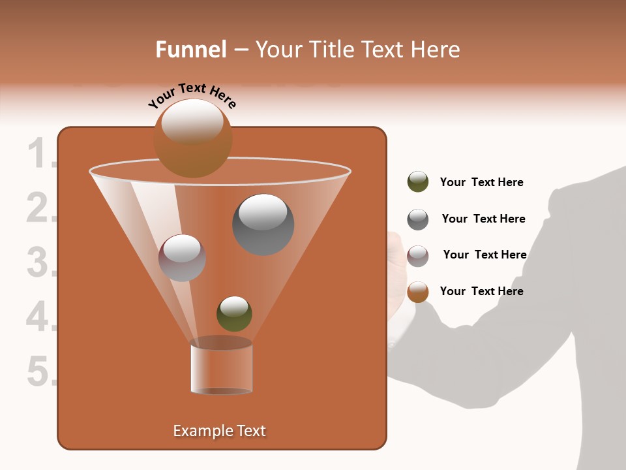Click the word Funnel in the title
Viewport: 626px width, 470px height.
(x=190, y=50)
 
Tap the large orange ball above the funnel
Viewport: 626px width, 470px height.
(x=193, y=138)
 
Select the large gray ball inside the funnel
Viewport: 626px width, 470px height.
(x=263, y=225)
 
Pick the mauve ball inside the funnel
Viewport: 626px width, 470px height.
(x=182, y=258)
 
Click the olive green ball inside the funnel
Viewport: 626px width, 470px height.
(x=234, y=313)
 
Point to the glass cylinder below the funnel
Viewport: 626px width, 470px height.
(x=221, y=368)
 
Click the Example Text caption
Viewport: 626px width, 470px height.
(x=219, y=431)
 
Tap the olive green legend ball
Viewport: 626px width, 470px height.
(x=418, y=182)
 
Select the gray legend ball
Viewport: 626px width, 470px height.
(x=418, y=219)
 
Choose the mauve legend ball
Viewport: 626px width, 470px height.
(x=418, y=256)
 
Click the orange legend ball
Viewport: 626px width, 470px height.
(x=418, y=292)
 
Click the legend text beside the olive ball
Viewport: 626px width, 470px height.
(x=481, y=182)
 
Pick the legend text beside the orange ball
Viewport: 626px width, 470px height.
(x=481, y=291)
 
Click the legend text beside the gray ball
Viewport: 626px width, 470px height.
(x=483, y=219)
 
